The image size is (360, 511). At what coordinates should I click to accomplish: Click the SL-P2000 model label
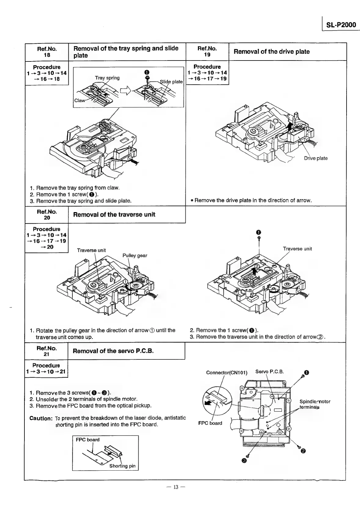(341, 25)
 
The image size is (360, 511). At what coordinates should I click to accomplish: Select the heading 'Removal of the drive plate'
(271, 52)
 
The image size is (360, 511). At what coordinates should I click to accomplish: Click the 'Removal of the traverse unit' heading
(114, 215)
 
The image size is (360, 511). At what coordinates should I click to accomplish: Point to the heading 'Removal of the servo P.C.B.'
(113, 351)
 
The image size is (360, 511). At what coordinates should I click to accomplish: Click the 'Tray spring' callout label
(107, 78)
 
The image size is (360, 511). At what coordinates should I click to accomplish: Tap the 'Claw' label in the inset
(79, 101)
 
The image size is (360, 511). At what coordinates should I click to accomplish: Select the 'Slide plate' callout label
(171, 82)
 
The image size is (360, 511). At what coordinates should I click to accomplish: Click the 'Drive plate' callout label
(315, 158)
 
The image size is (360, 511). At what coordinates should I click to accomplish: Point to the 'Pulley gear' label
(135, 256)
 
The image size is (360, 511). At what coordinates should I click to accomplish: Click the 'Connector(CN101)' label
(227, 372)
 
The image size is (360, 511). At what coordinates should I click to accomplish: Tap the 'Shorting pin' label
(122, 466)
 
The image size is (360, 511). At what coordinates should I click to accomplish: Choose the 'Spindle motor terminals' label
(315, 404)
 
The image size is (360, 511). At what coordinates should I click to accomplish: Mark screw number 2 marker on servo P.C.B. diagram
(303, 451)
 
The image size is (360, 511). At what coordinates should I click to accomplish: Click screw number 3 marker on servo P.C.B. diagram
(244, 461)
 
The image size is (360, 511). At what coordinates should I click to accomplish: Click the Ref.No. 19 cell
(207, 52)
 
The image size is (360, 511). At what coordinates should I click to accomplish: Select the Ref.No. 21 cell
(46, 351)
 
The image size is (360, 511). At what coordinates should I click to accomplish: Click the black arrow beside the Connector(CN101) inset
(208, 403)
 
